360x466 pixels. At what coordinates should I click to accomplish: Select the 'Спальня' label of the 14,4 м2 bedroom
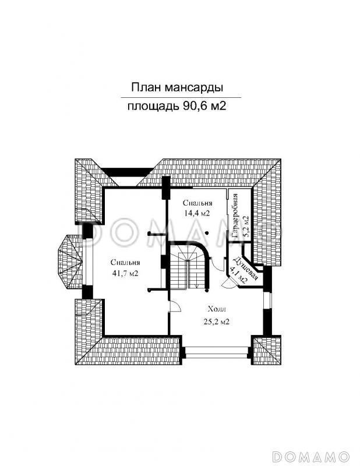(196, 203)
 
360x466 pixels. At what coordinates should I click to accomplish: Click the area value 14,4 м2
(196, 213)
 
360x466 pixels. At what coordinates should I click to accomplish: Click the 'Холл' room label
(216, 310)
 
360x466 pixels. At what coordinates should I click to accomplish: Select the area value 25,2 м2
(216, 321)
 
